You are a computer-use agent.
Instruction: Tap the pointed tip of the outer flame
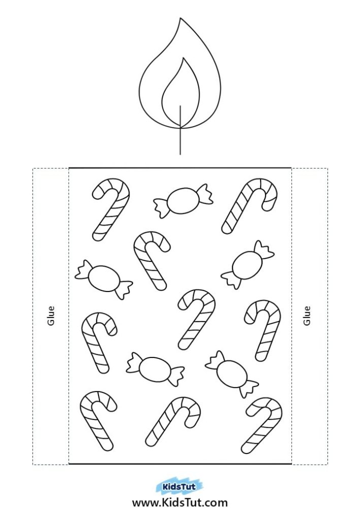pos(180,18)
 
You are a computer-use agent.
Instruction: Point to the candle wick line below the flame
pos(180,130)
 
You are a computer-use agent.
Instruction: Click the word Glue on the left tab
pos(51,316)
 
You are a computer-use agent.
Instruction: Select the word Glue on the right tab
pos(307,316)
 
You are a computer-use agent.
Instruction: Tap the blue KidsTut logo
pos(178,487)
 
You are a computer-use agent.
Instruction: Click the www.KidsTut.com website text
pos(180,503)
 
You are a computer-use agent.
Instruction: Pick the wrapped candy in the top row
pos(183,201)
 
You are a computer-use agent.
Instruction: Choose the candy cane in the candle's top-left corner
pos(110,210)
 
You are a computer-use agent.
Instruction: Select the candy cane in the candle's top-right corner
pos(249,206)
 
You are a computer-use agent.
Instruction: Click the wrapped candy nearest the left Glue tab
pos(104,280)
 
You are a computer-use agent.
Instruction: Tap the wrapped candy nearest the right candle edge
pos(247,265)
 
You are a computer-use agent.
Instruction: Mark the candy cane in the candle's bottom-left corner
pos(98,421)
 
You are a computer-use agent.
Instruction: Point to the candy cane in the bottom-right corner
pos(262,426)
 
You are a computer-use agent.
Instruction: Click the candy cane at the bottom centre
pos(173,421)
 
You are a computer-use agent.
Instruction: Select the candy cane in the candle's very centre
pos(197,319)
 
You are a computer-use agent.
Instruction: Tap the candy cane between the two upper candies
pos(152,261)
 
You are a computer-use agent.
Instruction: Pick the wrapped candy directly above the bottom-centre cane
pos(155,369)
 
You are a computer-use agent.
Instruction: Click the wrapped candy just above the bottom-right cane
pos(232,374)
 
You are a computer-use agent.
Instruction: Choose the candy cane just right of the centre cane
pos(263,330)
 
